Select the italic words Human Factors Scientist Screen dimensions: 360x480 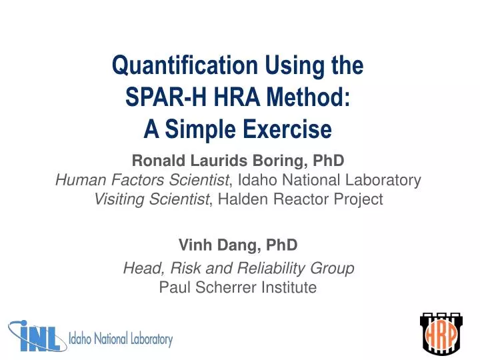(x=141, y=180)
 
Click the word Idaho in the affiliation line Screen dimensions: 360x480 (x=256, y=180)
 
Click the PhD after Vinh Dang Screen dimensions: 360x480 (x=282, y=245)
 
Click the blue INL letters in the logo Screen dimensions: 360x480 (x=37, y=337)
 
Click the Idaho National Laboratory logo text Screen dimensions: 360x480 (x=121, y=340)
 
